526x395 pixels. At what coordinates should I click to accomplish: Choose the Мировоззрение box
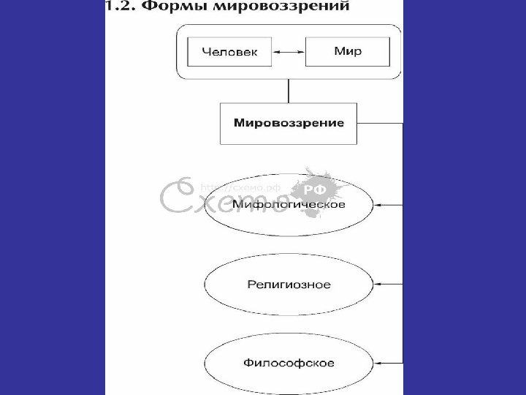pos(289,123)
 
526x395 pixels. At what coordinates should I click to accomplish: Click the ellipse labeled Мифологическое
pos(289,206)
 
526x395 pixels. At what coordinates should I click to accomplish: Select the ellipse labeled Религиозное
pos(289,283)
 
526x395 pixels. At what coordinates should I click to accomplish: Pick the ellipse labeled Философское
pos(289,362)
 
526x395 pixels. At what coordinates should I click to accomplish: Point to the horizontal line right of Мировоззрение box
pos(380,123)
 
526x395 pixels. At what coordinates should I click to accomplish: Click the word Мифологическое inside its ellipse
pos(289,205)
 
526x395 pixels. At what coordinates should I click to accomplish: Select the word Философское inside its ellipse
pos(289,362)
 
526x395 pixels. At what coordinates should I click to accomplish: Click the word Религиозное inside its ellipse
pos(289,284)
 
